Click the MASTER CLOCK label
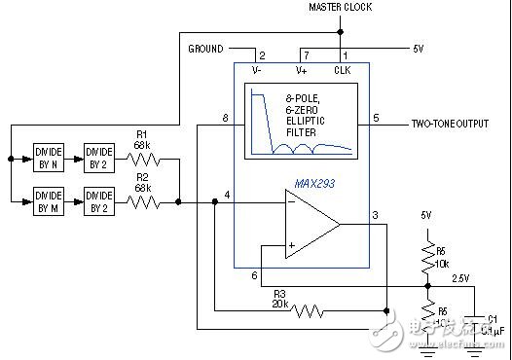click(341, 8)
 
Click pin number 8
click(226, 118)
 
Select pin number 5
click(376, 118)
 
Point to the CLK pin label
click(342, 69)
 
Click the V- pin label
click(257, 69)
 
